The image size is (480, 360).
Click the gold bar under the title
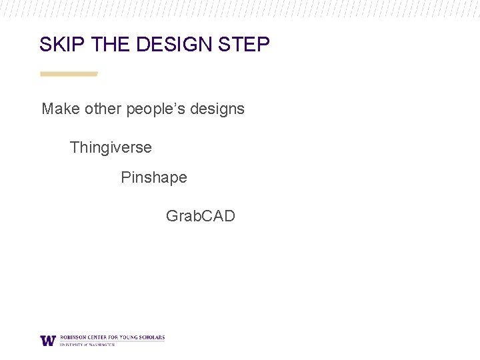[x=69, y=74]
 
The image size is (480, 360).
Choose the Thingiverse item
[x=111, y=147]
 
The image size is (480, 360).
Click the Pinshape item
[x=154, y=178]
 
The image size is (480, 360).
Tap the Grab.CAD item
[x=200, y=216]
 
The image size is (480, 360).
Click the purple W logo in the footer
[x=48, y=340]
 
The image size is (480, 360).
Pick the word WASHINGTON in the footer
[x=102, y=345]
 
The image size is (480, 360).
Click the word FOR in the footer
[x=113, y=337]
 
